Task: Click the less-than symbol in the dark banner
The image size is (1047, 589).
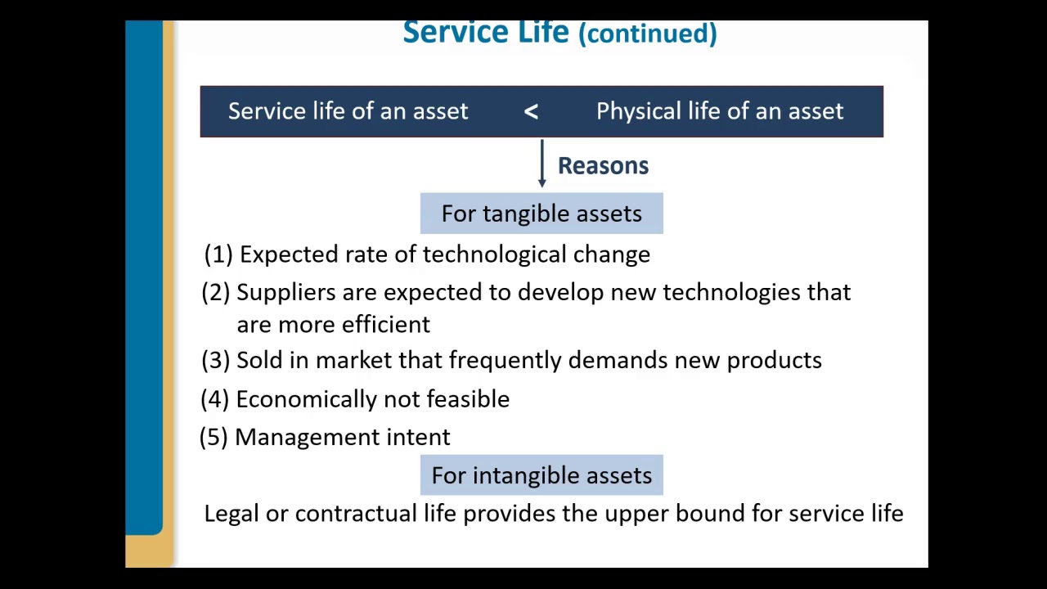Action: pos(531,112)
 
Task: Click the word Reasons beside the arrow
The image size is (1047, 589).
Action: pos(603,166)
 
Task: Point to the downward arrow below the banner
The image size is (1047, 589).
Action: pos(541,164)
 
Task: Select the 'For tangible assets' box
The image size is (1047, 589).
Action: pos(541,214)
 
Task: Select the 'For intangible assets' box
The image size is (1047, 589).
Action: pos(541,475)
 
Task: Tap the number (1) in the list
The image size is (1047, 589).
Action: pos(218,254)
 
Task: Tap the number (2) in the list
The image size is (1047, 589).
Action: pos(216,293)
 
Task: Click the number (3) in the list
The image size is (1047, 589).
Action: pos(216,361)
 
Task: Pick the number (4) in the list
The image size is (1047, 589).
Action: pos(215,399)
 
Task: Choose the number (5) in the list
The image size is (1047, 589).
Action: pos(213,437)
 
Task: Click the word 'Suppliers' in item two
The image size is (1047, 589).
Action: pos(285,293)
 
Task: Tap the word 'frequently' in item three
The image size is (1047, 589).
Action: pos(505,361)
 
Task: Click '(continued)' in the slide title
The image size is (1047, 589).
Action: pos(647,34)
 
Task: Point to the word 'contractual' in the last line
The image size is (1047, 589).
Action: pos(356,514)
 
